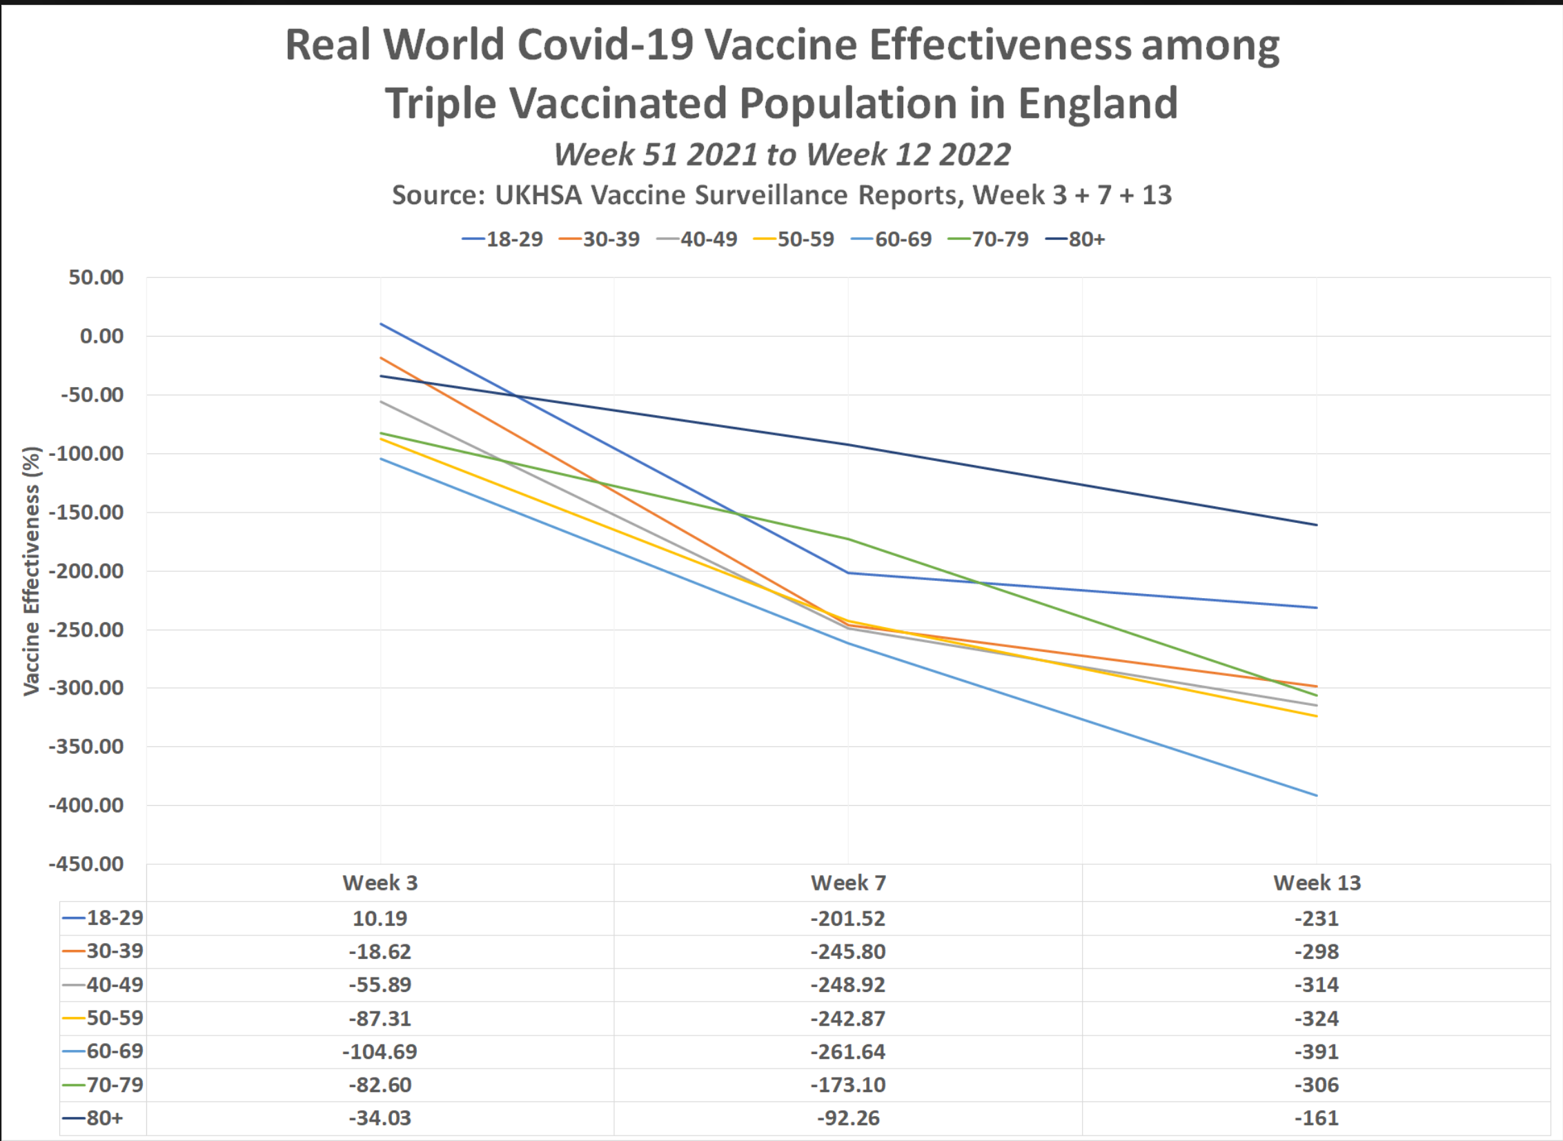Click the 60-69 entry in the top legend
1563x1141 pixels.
click(x=903, y=239)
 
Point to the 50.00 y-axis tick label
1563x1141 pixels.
click(x=96, y=277)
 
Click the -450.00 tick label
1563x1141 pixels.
click(x=86, y=864)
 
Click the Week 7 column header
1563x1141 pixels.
click(x=848, y=883)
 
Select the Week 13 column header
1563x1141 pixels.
click(x=1317, y=883)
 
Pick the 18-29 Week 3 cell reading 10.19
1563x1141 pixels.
click(x=380, y=918)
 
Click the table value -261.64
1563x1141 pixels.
click(x=848, y=1051)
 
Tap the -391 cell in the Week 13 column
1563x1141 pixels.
click(x=1317, y=1051)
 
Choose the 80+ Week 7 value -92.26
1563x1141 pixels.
click(x=848, y=1118)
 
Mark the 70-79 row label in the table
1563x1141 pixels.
click(x=115, y=1084)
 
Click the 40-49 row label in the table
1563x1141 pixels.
click(x=115, y=984)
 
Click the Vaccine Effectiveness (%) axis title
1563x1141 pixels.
click(x=32, y=570)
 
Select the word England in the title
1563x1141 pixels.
click(x=1097, y=103)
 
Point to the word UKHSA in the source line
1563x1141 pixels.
click(x=538, y=195)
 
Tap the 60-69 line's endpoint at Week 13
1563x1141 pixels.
click(x=1317, y=795)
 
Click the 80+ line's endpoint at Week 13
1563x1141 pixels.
click(x=1317, y=525)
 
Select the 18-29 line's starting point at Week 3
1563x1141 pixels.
click(x=381, y=324)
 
